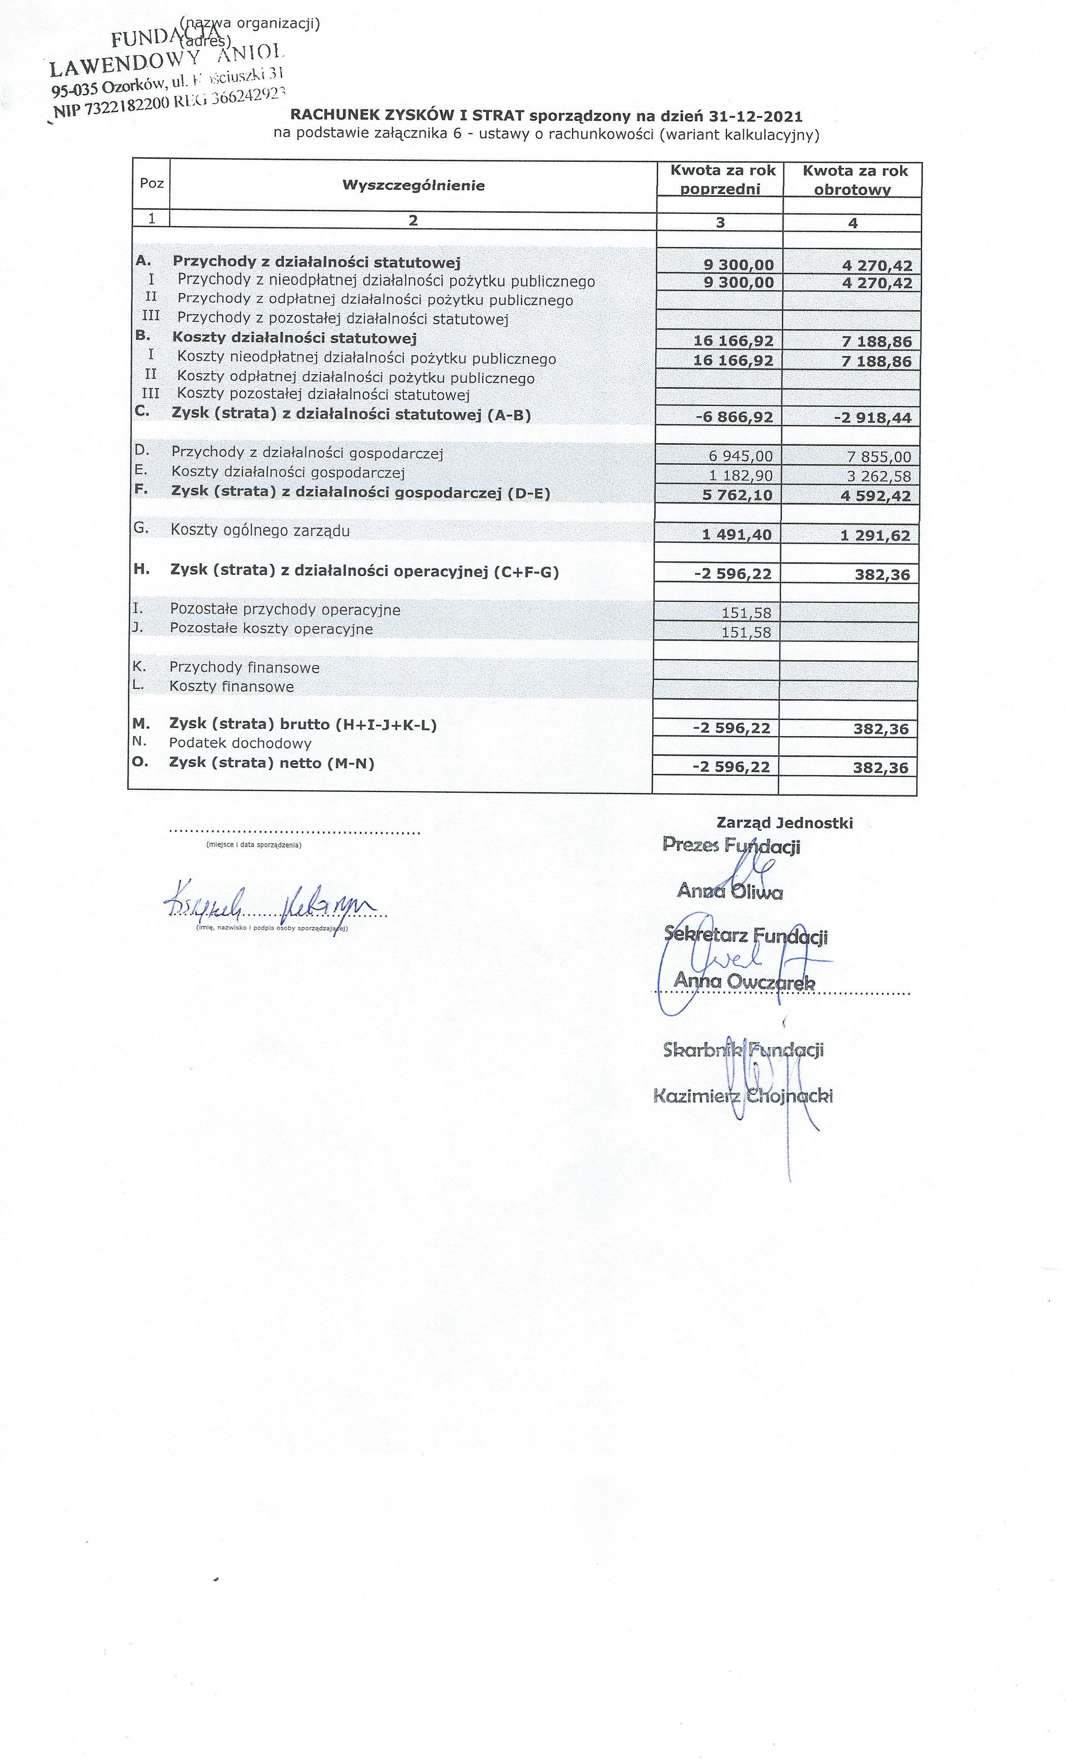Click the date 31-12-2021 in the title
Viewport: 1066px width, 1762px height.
point(756,116)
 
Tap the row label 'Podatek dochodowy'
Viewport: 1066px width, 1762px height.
point(240,743)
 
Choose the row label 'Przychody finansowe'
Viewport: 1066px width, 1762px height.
point(245,667)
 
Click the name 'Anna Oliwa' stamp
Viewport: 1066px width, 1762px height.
point(729,891)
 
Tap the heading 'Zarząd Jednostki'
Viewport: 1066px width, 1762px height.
point(784,823)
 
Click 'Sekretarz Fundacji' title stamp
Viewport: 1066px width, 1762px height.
point(745,936)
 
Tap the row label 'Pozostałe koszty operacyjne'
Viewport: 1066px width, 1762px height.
point(271,629)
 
